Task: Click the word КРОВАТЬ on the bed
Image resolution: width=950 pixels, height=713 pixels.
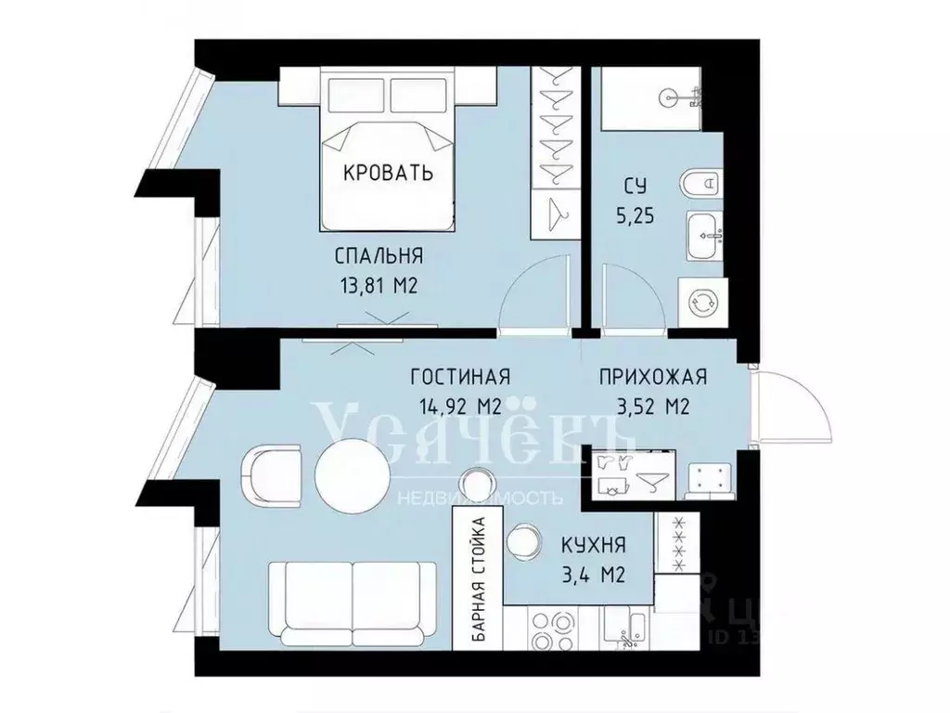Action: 389,173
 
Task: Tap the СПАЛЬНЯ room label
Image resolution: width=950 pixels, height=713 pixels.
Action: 379,256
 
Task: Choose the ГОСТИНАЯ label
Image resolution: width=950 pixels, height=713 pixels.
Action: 461,377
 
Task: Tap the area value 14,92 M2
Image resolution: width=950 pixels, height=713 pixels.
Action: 461,406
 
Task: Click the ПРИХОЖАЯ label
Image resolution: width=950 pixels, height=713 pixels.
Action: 653,377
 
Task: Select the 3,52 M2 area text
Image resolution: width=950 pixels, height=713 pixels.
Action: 653,406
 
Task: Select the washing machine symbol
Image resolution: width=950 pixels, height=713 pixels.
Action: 702,302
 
